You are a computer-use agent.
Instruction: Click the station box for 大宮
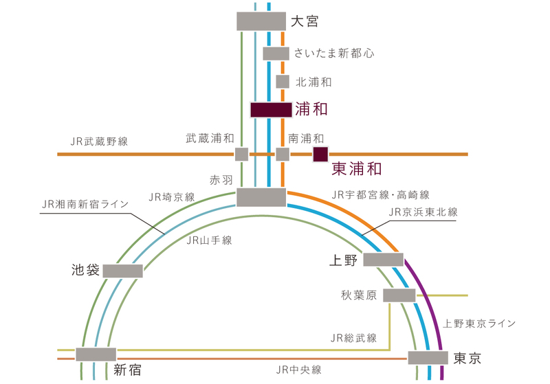[x=261, y=21]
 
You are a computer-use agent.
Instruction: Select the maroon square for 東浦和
[x=320, y=154]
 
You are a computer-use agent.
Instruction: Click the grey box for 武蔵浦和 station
[x=241, y=154]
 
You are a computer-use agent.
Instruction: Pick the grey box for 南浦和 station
[x=283, y=154]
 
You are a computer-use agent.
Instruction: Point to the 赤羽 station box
[x=261, y=196]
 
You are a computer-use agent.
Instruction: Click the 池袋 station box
[x=123, y=271]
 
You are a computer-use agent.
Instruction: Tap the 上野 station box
[x=383, y=259]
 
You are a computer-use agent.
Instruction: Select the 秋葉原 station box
[x=399, y=295]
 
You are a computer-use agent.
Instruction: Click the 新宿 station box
[x=96, y=354]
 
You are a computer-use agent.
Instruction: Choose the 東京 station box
[x=428, y=358]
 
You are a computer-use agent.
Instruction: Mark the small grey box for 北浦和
[x=282, y=81]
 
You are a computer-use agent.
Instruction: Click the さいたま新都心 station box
[x=276, y=53]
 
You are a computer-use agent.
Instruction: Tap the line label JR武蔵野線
[x=99, y=142]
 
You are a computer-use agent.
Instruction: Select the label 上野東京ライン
[x=479, y=323]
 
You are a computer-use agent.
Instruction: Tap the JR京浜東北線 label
[x=423, y=212]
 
